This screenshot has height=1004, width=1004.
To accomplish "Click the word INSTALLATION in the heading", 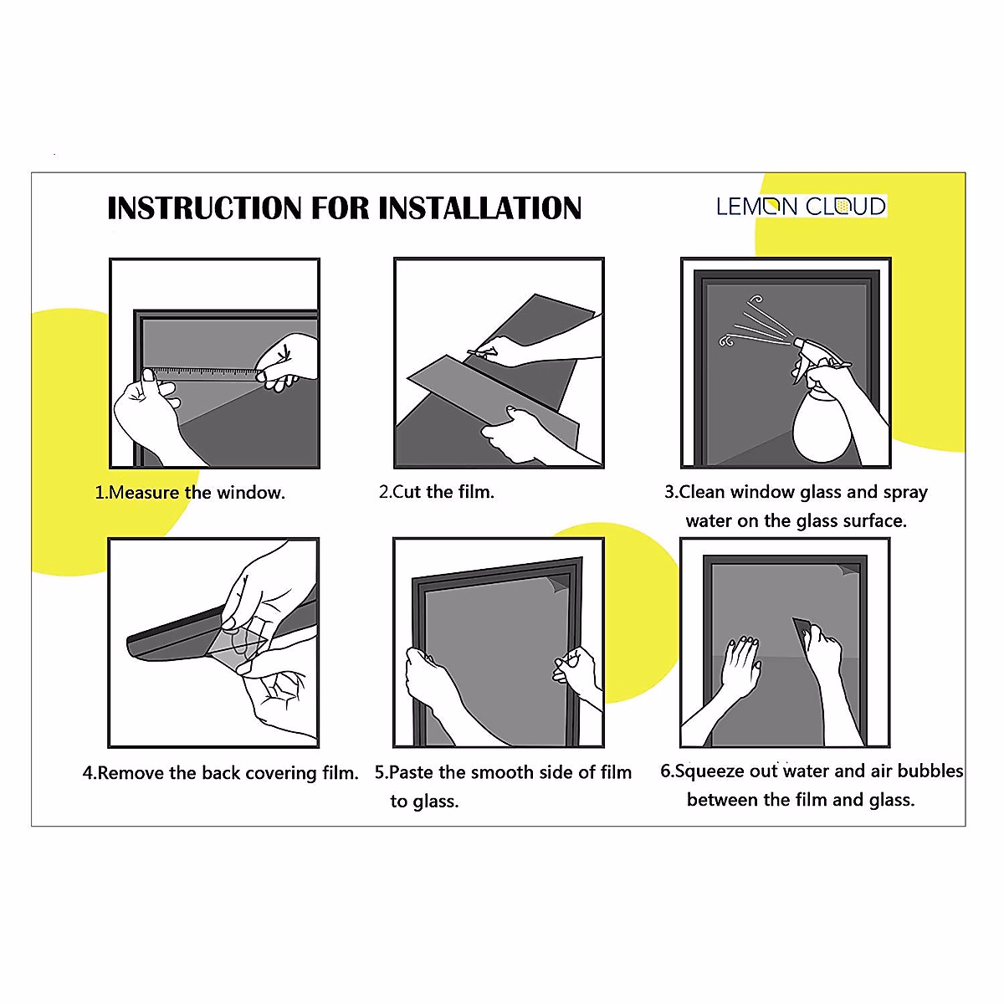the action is click(x=479, y=207).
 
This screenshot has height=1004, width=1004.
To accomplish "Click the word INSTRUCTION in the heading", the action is click(x=205, y=207).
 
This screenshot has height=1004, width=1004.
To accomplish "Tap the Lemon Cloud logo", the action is click(x=801, y=207).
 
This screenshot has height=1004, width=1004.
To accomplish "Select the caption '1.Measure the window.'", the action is click(x=190, y=492).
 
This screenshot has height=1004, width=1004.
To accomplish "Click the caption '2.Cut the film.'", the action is click(x=437, y=491).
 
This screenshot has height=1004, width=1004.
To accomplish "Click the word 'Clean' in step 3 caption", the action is click(x=702, y=492).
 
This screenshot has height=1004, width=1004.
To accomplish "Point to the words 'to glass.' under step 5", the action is click(x=425, y=801).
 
